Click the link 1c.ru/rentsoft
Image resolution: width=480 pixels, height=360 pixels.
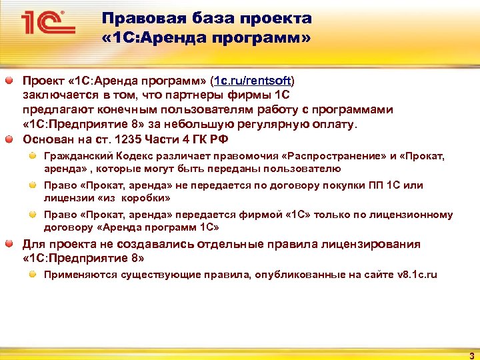pos(252,81)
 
